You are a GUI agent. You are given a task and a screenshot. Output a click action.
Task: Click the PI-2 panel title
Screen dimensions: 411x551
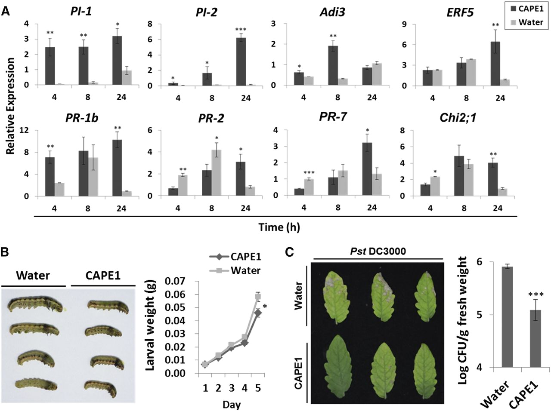tap(204, 12)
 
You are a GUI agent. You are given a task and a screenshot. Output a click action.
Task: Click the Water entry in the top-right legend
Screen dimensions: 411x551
tap(530, 22)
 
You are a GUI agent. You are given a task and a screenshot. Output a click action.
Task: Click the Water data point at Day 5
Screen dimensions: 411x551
tap(258, 297)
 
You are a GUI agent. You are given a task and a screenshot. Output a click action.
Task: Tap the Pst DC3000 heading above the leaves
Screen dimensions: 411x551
tap(378, 251)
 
